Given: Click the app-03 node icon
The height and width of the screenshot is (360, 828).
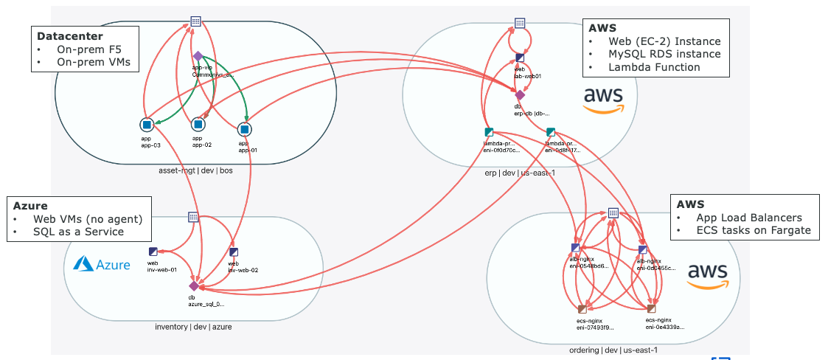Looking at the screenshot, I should coord(146,125).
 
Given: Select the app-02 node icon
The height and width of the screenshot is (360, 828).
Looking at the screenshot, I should coord(198,125).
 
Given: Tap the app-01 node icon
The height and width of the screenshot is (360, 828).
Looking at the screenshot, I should coord(244,129).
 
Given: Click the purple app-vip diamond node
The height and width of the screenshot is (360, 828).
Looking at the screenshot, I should coord(198,56).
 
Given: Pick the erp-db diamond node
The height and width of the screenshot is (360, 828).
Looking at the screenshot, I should coord(520,95).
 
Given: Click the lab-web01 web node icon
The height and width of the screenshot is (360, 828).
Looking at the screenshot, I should coord(520,57).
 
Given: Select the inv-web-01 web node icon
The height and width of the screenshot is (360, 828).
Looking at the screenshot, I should coord(153,252).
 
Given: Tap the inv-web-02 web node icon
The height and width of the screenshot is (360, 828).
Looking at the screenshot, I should coord(233,252).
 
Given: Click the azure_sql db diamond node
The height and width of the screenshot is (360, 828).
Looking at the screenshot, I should coord(194,285).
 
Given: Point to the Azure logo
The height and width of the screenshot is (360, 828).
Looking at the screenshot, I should coord(102,265).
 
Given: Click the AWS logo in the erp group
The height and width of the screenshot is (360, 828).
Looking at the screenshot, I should coord(603,99).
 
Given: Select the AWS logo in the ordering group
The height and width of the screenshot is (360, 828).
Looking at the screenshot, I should coord(707,276).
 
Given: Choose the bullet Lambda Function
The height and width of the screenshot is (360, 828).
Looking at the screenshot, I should coord(654,67).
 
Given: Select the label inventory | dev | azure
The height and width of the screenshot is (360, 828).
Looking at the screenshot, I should coord(193,327).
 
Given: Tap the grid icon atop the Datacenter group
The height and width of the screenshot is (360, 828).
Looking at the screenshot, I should coord(195,21).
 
